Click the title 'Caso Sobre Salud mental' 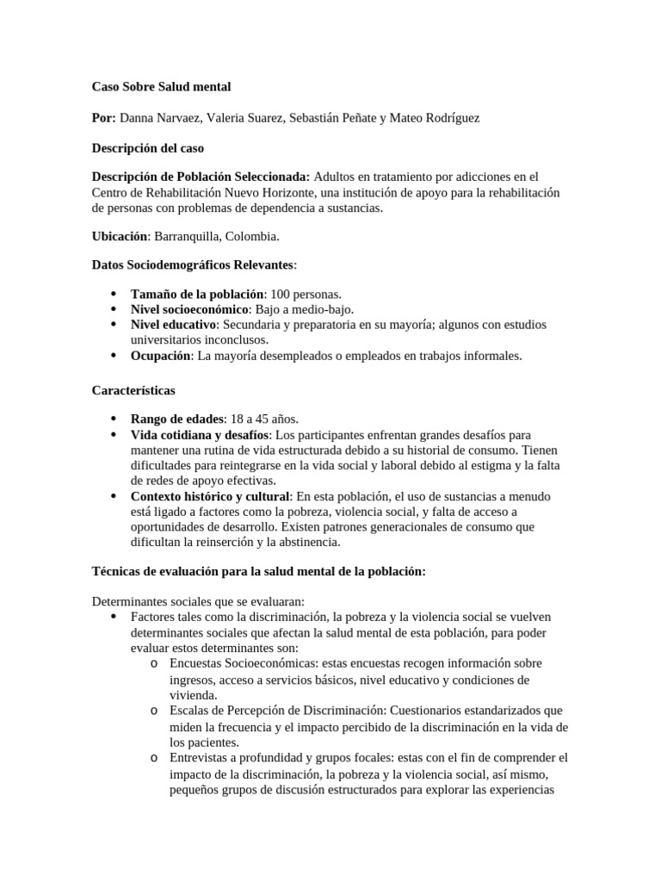point(161,87)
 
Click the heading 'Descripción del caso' point(147,148)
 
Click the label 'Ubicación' point(120,235)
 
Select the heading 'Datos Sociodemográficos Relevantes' point(194,265)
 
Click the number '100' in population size point(282,295)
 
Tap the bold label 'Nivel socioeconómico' point(188,309)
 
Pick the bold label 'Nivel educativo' point(173,325)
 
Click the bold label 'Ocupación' point(160,355)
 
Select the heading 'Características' point(133,390)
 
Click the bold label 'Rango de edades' point(176,419)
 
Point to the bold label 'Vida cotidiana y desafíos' point(200,435)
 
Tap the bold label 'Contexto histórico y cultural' point(211,497)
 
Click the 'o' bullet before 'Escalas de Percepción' point(152,711)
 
